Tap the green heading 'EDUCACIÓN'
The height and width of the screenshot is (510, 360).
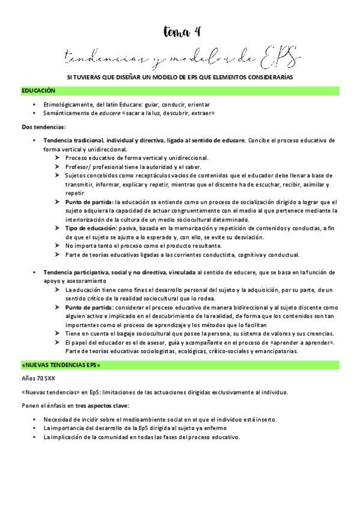click(x=38, y=91)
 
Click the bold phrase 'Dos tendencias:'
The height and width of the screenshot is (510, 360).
click(x=43, y=127)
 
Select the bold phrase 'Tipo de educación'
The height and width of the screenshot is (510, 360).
click(x=91, y=229)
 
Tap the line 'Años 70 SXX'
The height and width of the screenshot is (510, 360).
click(x=37, y=379)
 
